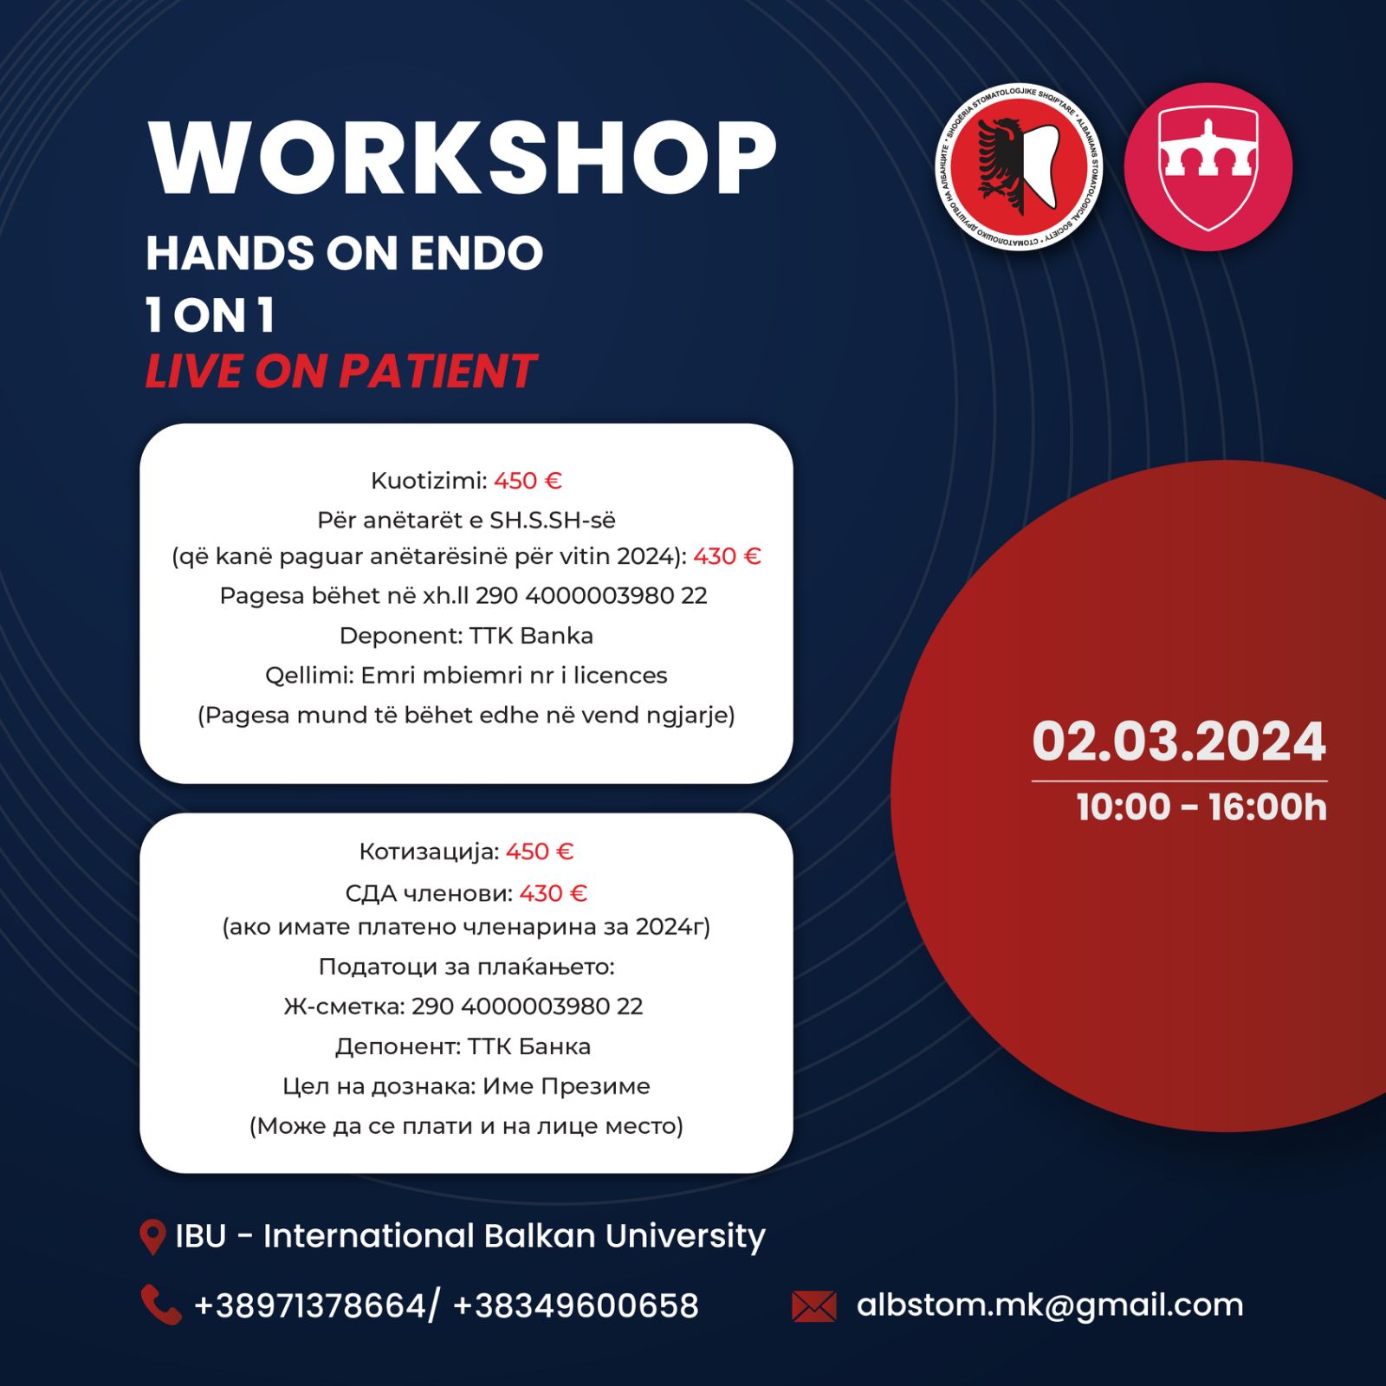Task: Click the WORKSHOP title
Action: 463,159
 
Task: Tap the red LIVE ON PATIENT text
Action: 340,372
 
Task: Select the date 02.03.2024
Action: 1179,742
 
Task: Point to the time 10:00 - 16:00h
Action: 1201,807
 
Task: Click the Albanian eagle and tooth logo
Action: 1019,167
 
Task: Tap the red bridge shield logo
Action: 1208,167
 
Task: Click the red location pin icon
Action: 152,1237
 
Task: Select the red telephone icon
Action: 161,1305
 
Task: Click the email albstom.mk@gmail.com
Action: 1050,1305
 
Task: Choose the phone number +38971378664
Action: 310,1305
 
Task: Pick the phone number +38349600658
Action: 575,1305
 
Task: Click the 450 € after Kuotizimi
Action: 528,481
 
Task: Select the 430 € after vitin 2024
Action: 727,556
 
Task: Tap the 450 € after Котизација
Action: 540,852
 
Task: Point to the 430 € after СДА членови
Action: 553,893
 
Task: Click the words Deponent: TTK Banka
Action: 466,636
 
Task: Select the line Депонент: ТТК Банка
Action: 463,1046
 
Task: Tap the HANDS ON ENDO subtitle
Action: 345,254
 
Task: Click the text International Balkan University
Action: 515,1237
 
